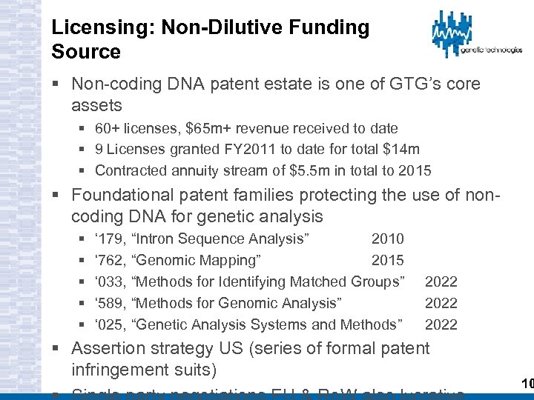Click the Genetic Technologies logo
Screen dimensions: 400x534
tap(475, 36)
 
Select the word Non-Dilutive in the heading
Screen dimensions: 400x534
tap(202, 28)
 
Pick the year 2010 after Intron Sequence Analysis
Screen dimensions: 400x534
tap(387, 239)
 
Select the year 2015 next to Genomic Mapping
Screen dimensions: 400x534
tap(387, 260)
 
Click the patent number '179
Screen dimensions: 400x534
tap(110, 239)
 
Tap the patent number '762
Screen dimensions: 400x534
tap(110, 260)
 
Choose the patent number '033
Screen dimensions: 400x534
tap(110, 281)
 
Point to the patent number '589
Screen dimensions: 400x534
tap(110, 303)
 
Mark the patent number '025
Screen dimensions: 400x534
tap(110, 324)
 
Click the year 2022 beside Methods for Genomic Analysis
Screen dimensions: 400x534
tap(441, 303)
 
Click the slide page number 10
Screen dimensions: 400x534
tap(527, 384)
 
